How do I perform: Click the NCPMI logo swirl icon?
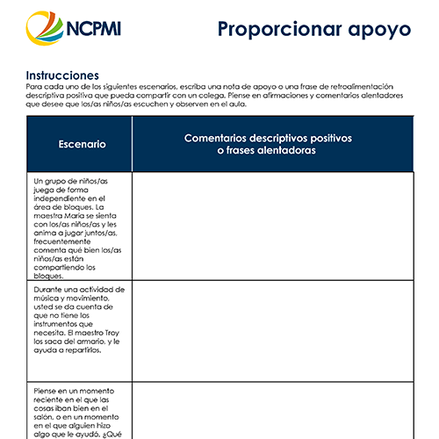[x=44, y=30]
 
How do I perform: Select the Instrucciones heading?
[x=62, y=76]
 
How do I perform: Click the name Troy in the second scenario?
[x=112, y=334]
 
